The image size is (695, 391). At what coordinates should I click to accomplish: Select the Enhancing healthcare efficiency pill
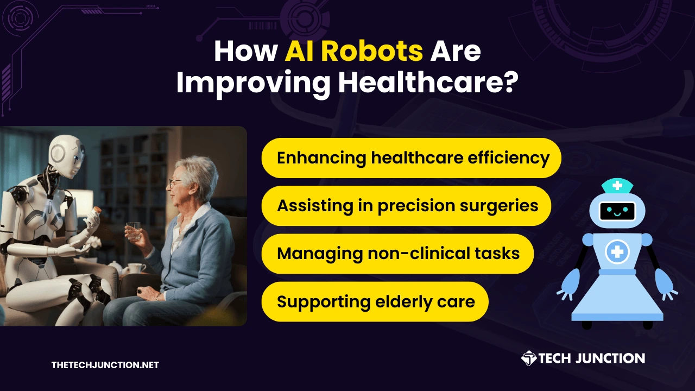(x=412, y=158)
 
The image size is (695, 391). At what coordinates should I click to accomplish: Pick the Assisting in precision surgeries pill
(x=406, y=206)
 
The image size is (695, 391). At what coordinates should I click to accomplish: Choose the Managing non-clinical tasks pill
(x=397, y=254)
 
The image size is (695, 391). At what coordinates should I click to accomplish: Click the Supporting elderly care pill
(x=375, y=301)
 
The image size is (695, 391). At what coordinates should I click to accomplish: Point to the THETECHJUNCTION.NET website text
(x=105, y=365)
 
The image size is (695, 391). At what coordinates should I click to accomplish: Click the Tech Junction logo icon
(x=529, y=358)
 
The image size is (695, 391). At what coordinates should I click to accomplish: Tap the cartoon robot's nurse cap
(x=617, y=186)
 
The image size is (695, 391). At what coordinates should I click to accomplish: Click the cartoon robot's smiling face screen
(x=617, y=211)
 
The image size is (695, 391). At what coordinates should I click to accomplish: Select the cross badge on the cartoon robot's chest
(x=617, y=251)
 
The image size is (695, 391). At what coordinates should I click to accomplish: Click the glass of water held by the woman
(x=134, y=231)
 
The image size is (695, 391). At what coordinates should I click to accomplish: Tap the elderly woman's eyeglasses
(x=175, y=183)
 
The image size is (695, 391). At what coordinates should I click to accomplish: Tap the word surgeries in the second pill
(x=499, y=206)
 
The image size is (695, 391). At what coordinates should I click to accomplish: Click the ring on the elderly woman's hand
(x=140, y=292)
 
